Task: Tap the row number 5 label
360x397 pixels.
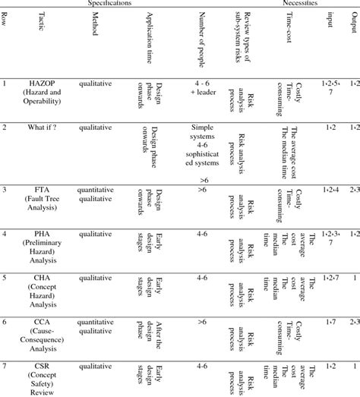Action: [5, 279]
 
